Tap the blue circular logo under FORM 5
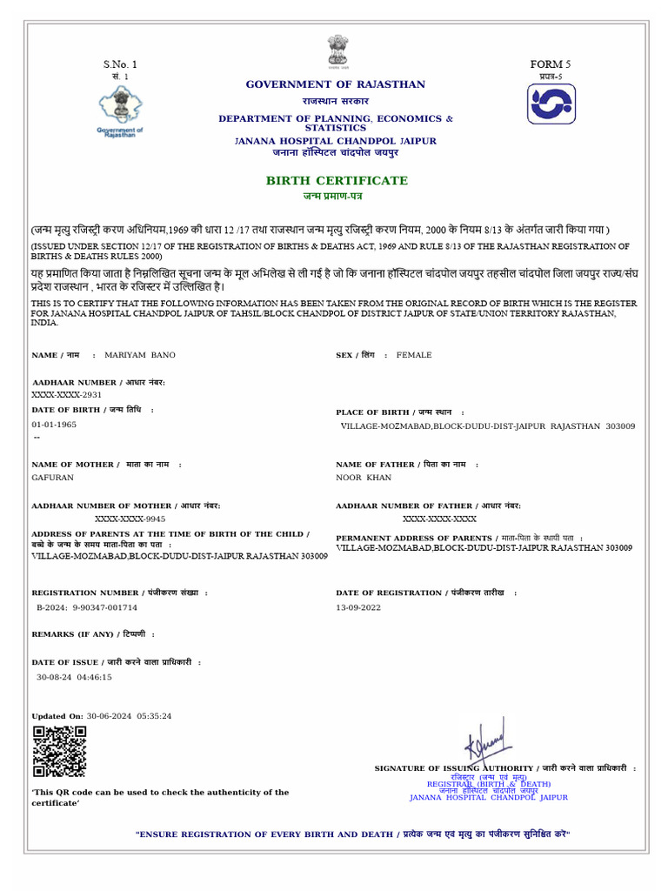click(x=551, y=104)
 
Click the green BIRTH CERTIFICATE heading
click(x=337, y=180)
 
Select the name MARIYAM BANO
click(x=139, y=355)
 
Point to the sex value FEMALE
click(x=414, y=355)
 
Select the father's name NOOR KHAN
click(x=364, y=478)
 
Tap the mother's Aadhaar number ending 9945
click(x=130, y=518)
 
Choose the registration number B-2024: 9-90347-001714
click(x=87, y=607)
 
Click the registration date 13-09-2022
click(x=358, y=607)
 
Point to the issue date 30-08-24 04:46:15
click(x=74, y=676)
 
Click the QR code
click(x=59, y=751)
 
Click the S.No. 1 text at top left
click(x=120, y=64)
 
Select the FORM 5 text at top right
click(x=551, y=64)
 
